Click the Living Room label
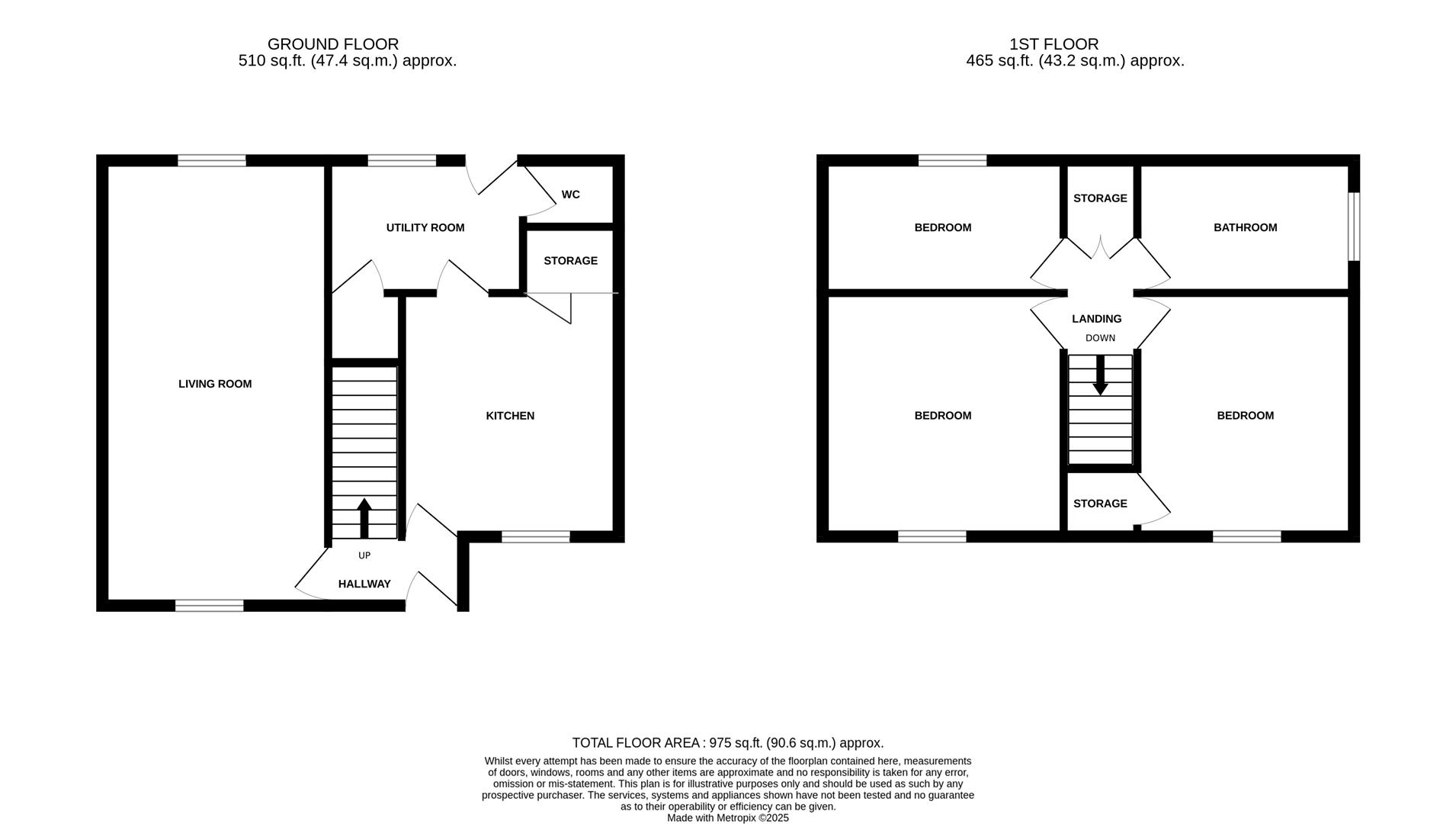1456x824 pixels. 215,384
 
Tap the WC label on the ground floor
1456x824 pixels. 570,195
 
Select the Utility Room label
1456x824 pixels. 425,227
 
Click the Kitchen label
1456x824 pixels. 510,416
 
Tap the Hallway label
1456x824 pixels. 364,584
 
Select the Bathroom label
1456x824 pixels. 1245,227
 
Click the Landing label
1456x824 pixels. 1096,319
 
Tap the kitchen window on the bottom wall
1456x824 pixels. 535,537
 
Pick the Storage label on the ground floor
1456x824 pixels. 570,261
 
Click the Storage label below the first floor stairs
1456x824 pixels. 1099,504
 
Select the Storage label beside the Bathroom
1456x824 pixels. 1099,198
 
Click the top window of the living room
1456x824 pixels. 212,160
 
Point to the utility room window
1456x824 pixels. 402,160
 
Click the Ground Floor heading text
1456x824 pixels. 333,44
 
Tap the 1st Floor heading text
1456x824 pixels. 1054,44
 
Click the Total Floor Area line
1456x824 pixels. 727,742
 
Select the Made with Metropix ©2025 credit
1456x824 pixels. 727,818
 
